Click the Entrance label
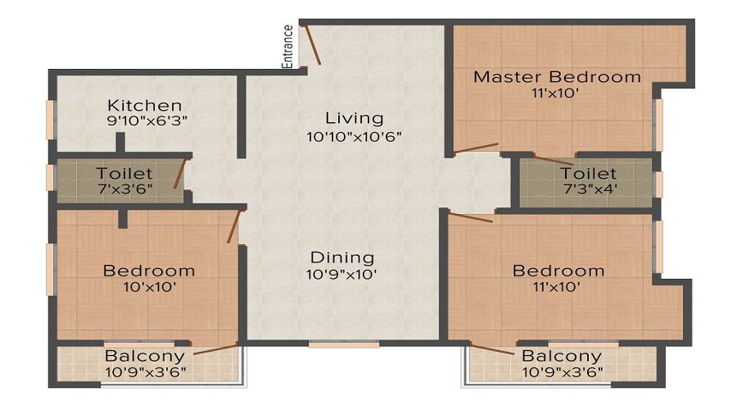click(287, 47)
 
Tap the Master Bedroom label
click(557, 77)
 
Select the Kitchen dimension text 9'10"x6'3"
click(147, 121)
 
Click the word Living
click(355, 118)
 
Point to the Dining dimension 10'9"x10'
click(341, 274)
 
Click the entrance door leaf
click(313, 44)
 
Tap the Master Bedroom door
click(476, 148)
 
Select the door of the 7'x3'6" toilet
click(179, 173)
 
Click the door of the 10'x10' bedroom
click(233, 226)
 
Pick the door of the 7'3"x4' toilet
click(554, 160)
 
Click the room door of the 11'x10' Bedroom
click(471, 218)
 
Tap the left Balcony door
click(215, 349)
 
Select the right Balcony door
click(491, 348)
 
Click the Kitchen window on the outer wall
click(50, 120)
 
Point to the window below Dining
click(344, 344)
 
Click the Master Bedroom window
click(659, 125)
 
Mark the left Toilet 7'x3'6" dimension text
click(125, 189)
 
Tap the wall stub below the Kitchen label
click(120, 143)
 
